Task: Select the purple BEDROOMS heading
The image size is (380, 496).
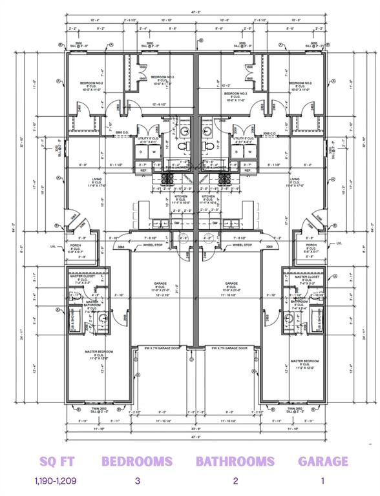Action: click(x=137, y=461)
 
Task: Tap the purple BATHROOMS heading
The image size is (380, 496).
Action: click(x=236, y=461)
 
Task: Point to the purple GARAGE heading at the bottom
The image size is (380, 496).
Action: click(x=323, y=461)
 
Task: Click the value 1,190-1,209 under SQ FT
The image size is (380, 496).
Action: click(x=54, y=480)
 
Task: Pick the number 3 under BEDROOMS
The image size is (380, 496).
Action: click(x=137, y=480)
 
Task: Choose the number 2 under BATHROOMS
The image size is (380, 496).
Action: click(x=236, y=480)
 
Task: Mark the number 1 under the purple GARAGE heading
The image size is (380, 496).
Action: click(x=322, y=480)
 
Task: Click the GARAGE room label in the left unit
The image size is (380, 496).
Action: click(x=160, y=284)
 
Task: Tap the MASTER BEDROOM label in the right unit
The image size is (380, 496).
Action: click(x=306, y=361)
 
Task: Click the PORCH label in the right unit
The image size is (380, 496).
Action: click(x=311, y=245)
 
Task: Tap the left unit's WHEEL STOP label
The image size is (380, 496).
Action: click(x=153, y=245)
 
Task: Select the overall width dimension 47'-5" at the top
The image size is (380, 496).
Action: click(x=195, y=12)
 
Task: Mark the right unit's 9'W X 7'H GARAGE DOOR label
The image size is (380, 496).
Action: click(x=229, y=348)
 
